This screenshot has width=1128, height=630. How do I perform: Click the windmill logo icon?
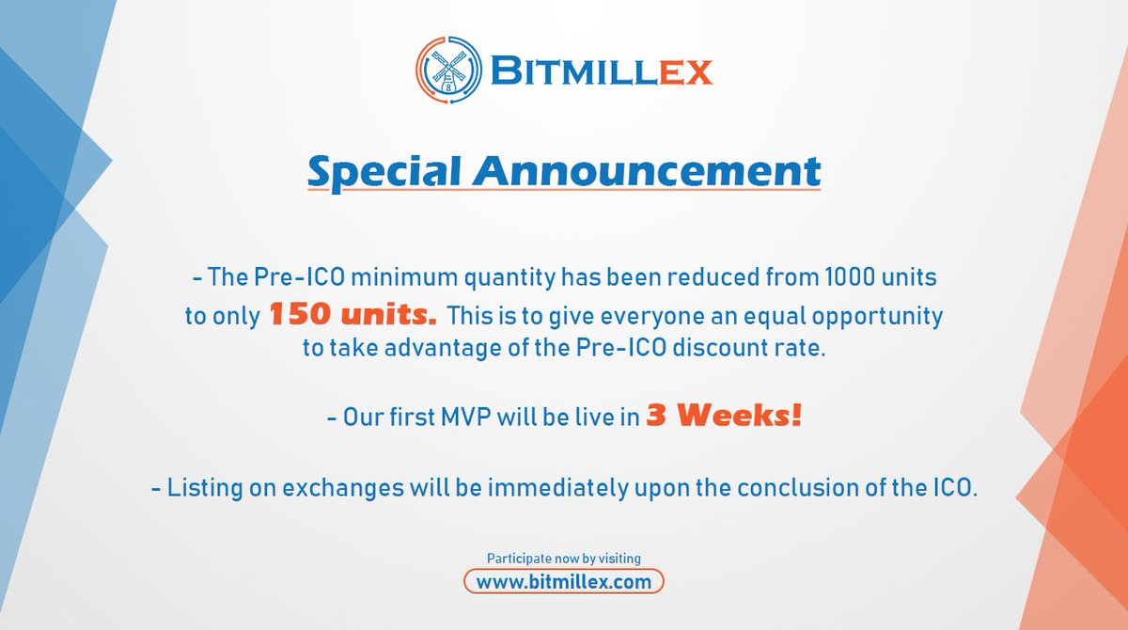(448, 70)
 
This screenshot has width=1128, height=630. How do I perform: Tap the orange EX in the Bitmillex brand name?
(685, 72)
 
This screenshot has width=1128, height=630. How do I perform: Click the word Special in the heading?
(384, 173)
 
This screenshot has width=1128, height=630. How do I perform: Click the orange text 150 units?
(352, 314)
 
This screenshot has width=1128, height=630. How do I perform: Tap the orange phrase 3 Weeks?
(724, 416)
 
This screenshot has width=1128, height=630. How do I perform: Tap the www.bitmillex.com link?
(564, 582)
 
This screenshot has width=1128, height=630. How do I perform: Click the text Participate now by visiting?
(563, 559)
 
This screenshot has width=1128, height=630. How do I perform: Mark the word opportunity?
(877, 317)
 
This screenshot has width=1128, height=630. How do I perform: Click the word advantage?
(443, 349)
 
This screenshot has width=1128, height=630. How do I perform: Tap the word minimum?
(404, 277)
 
